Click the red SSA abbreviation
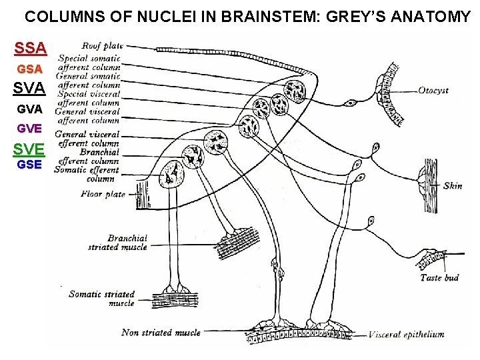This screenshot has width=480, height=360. (31, 48)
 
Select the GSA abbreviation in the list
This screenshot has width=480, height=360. (30, 69)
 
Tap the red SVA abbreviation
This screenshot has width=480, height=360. (30, 88)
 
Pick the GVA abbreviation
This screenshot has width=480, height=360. (30, 108)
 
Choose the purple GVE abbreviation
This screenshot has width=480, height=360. (30, 127)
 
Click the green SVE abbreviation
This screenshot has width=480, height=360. (30, 148)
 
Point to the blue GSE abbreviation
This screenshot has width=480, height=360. (30, 165)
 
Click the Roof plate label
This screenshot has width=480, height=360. (102, 46)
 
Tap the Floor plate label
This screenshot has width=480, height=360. (103, 194)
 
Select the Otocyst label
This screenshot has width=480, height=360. (433, 90)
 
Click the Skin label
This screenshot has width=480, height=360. (453, 186)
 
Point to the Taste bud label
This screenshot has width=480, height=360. (439, 277)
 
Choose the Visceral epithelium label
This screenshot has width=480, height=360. (406, 335)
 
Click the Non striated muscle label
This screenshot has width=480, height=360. (161, 332)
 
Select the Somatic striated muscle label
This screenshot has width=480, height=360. (101, 298)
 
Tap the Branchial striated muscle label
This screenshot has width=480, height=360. (117, 243)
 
